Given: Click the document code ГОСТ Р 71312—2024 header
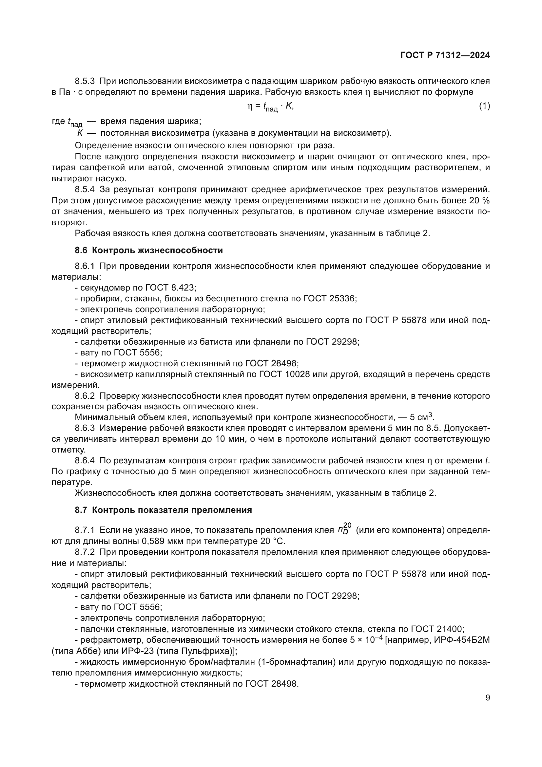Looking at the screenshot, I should coord(445,55).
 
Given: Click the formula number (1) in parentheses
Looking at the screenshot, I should coord(484,106).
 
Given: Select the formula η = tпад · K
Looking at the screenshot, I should coord(270,107).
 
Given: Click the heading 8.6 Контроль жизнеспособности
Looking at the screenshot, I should coord(149,250).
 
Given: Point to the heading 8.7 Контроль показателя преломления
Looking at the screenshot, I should coord(163,510).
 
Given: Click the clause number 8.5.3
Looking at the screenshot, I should coord(85,81).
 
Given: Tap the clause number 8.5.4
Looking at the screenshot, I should coord(85,190).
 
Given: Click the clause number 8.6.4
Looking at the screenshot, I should coord(85,461).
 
